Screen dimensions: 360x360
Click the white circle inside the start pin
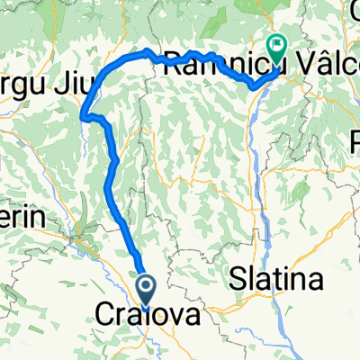pos(148,286)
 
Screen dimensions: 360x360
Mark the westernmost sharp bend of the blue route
pos(83,115)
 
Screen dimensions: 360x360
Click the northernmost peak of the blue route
pos(147,49)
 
